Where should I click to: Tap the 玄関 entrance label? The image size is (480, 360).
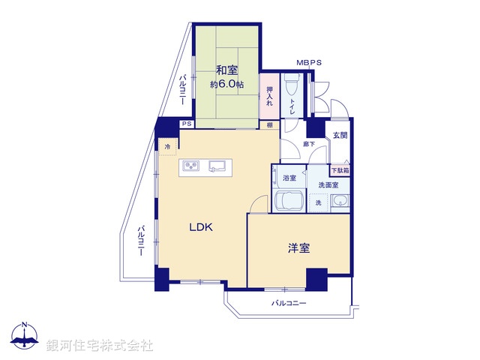[340, 136]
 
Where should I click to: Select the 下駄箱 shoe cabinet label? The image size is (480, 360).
[340, 170]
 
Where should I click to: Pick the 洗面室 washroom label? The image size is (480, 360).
[328, 184]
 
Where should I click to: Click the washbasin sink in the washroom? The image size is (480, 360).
[340, 200]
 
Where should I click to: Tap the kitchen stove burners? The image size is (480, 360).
[190, 166]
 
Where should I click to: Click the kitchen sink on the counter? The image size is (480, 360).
[218, 166]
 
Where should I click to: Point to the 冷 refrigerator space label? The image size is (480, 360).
[167, 147]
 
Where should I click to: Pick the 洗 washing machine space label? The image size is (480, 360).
[318, 202]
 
